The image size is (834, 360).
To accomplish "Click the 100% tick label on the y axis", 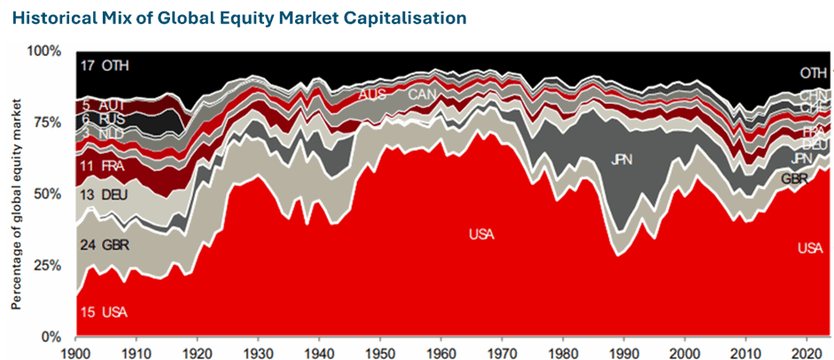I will pyautogui.click(x=44, y=51).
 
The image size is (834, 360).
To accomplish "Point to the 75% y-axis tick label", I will pyautogui.click(x=47, y=122).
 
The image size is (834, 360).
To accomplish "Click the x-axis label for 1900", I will pyautogui.click(x=76, y=351).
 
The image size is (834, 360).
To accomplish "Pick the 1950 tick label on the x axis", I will pyautogui.click(x=379, y=351).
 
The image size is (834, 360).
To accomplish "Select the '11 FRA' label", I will pyautogui.click(x=104, y=166).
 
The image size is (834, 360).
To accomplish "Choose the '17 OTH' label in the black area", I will pyautogui.click(x=104, y=66).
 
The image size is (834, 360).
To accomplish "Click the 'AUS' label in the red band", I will pyautogui.click(x=371, y=94).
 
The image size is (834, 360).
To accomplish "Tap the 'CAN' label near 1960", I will pyautogui.click(x=421, y=94).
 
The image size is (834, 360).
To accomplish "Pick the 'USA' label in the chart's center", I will pyautogui.click(x=481, y=234).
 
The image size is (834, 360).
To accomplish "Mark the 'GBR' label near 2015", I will pyautogui.click(x=794, y=178).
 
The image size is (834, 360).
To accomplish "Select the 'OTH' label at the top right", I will pyautogui.click(x=813, y=73).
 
